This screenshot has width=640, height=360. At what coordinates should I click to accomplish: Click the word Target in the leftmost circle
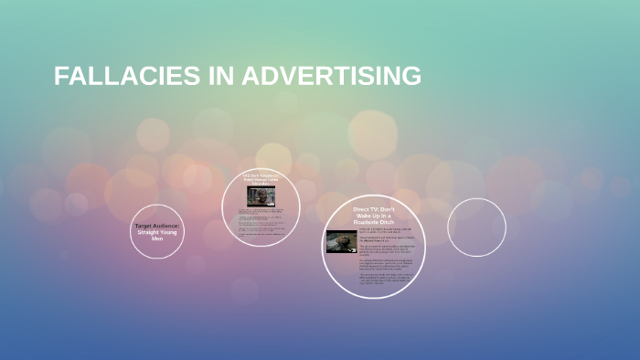144,225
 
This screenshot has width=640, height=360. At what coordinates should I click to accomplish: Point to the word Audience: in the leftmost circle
169,225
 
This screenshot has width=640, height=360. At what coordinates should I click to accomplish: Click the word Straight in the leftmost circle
149,232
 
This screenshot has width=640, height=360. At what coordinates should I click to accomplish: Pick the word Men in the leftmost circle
157,239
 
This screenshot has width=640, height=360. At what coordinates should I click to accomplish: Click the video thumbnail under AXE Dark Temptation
255,196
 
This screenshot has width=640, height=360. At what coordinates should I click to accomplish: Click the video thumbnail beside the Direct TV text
341,240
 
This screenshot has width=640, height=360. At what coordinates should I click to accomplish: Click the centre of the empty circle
476,228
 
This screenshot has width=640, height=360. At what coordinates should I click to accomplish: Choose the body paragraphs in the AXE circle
260,222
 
